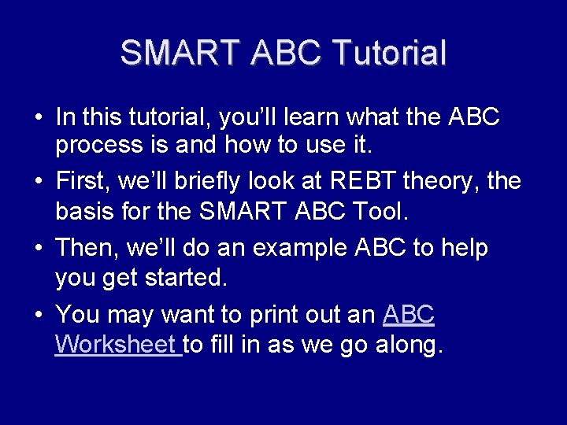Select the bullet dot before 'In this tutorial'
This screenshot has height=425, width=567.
[38, 118]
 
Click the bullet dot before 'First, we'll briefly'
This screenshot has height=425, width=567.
[38, 183]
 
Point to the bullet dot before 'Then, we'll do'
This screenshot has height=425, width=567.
[38, 249]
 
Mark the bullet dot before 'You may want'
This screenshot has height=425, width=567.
[38, 315]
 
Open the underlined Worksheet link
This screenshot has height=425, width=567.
[117, 345]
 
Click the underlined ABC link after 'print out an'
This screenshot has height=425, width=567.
[408, 315]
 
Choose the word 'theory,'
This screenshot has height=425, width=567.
[444, 182]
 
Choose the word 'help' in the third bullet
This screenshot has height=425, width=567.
[463, 249]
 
